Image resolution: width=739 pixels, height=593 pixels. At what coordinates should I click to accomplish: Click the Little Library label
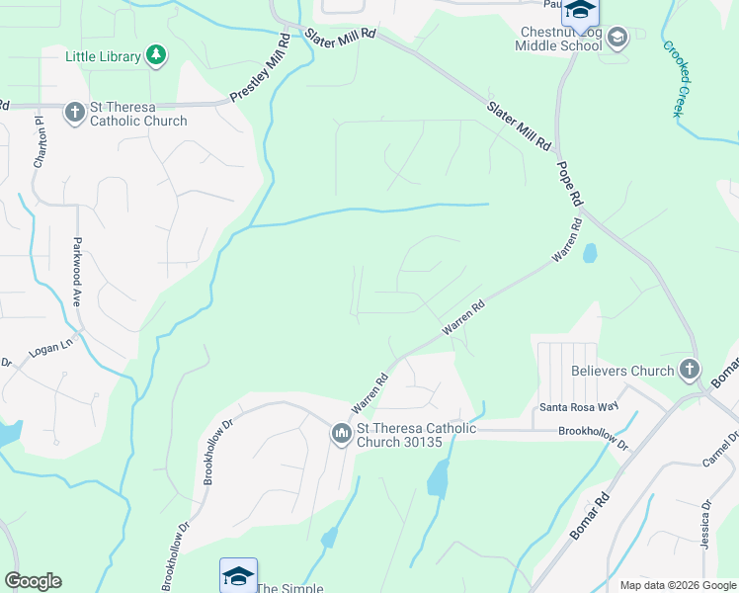[102, 56]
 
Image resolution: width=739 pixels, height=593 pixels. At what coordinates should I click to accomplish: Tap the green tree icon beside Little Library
[155, 55]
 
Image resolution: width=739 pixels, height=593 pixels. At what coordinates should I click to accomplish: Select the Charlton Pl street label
[41, 143]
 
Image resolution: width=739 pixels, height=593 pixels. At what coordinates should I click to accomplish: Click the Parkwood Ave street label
[76, 273]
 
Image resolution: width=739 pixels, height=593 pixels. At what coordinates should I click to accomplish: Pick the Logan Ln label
[52, 346]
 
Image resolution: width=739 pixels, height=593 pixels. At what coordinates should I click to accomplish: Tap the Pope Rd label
[569, 184]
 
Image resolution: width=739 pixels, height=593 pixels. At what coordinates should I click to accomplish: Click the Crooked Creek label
[676, 78]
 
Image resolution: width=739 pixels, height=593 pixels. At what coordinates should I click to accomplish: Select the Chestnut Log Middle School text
[560, 39]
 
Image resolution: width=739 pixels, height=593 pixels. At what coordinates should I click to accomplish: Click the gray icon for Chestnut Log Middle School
[617, 39]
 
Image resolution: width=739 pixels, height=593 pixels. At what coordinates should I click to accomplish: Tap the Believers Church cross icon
[690, 371]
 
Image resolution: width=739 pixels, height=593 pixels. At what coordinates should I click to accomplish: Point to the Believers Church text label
[622, 372]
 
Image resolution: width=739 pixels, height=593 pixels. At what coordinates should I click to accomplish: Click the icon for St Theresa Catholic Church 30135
[342, 434]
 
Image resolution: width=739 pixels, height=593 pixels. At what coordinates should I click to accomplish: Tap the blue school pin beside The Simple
[238, 575]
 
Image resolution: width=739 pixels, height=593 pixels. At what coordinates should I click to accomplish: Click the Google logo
[33, 581]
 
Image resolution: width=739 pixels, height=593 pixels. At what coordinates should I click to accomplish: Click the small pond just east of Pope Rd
[590, 253]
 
